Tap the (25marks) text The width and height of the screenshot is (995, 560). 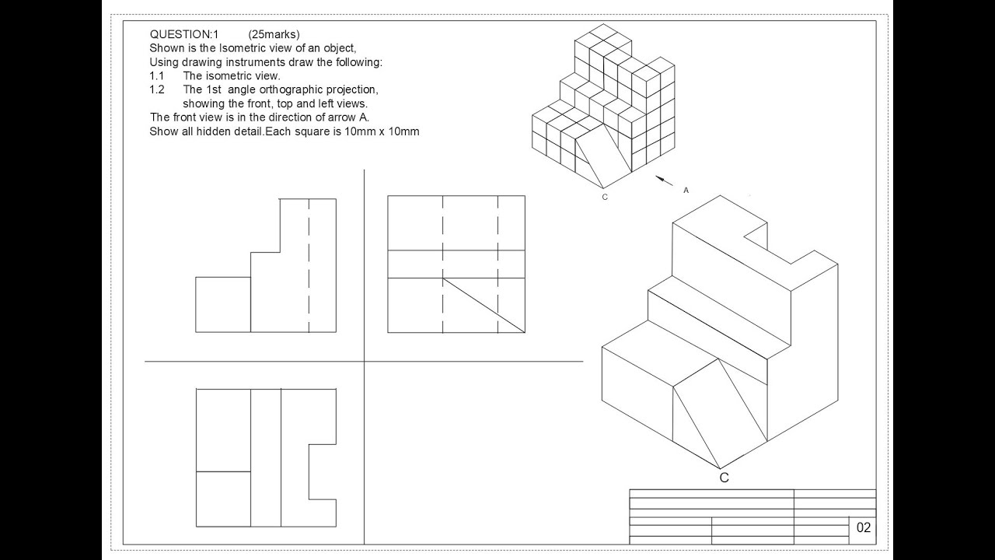click(274, 34)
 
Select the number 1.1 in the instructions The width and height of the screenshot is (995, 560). click(157, 76)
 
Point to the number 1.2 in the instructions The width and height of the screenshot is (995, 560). click(157, 89)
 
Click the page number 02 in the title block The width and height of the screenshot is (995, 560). click(864, 528)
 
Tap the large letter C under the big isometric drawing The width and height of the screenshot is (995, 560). click(724, 478)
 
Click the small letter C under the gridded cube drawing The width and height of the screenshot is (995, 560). click(605, 197)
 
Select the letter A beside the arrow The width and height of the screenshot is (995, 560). click(686, 190)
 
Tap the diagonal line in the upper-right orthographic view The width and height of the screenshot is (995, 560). click(484, 305)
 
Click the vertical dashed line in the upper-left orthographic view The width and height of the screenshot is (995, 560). click(309, 264)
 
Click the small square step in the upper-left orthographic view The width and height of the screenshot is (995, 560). click(223, 304)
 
